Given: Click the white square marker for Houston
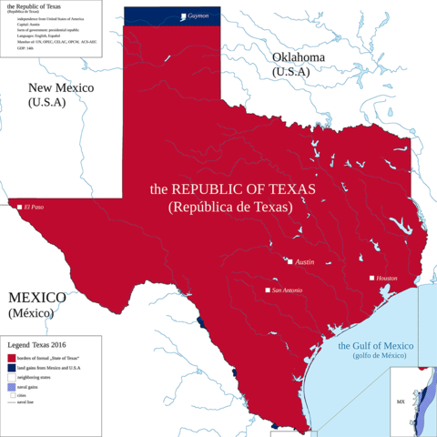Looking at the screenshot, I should [x=371, y=278].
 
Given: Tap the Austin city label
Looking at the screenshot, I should [x=305, y=262].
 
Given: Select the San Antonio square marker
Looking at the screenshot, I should [x=268, y=290].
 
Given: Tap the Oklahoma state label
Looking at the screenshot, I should [x=298, y=57].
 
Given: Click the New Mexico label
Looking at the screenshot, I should [x=60, y=88].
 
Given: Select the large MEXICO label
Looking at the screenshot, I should [x=36, y=298].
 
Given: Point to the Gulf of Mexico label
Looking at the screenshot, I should [x=376, y=347].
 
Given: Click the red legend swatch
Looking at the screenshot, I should [x=11, y=358].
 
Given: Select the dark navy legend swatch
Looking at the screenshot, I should [x=11, y=367].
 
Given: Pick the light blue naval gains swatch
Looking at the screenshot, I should [x=11, y=386].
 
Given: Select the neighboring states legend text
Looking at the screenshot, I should [x=37, y=376].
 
